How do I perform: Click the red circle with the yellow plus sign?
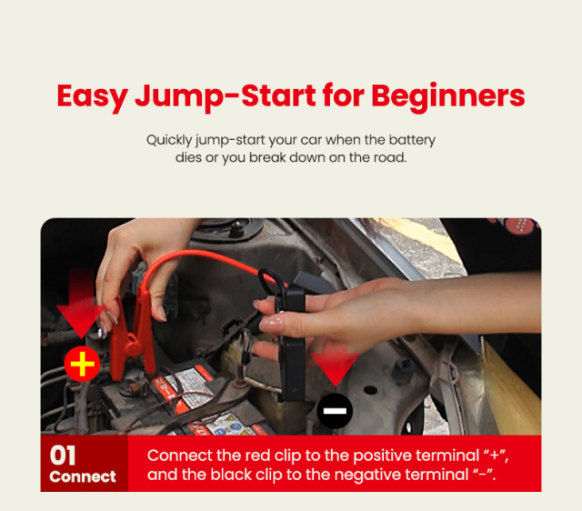(82, 365)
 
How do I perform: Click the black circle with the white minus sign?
(335, 413)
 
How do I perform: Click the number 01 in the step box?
(64, 456)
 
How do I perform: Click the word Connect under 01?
(83, 476)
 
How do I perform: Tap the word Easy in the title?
(92, 95)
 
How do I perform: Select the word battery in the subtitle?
(411, 141)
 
